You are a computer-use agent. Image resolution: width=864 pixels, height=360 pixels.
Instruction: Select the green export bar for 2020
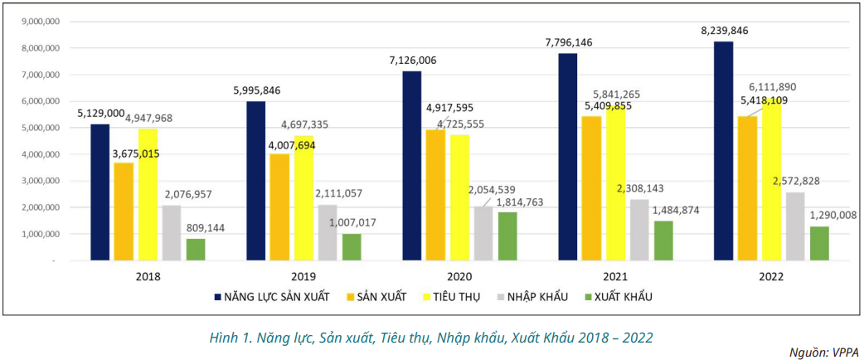coord(507,236)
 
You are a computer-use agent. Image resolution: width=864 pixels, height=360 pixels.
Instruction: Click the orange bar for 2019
coord(279,207)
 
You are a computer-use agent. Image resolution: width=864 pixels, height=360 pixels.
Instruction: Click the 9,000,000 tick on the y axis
coord(39,22)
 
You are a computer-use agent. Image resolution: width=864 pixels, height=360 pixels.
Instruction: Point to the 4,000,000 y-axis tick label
coord(39,154)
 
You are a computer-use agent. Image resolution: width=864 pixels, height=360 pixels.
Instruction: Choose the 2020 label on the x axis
coord(459,277)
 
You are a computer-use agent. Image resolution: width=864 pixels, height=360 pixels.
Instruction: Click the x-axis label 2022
coord(771,277)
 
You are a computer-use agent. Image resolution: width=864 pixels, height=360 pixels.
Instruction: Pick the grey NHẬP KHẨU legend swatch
coord(503,297)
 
